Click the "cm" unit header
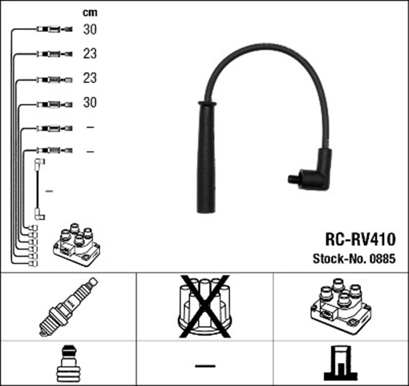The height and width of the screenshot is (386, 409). (x=89, y=13)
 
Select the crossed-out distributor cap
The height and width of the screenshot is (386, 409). (x=204, y=305)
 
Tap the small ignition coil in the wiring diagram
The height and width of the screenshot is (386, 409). (x=77, y=246)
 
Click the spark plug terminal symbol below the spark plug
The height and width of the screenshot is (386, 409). (x=68, y=364)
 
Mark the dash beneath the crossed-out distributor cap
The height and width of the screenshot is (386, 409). (x=204, y=366)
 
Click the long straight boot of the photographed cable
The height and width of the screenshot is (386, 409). (x=206, y=160)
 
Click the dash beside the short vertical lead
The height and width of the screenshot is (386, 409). (x=50, y=191)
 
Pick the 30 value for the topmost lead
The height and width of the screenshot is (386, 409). (x=89, y=29)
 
